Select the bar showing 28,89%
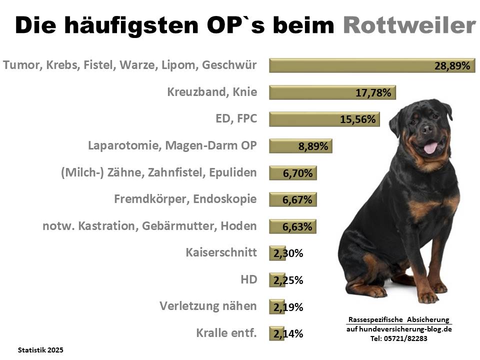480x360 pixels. coord(371,65)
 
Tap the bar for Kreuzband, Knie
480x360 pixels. coord(332,92)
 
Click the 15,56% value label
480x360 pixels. coord(357,119)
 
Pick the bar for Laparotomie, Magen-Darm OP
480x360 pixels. coord(300,146)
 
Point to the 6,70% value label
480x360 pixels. coord(297,173)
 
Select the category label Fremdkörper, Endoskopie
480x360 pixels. coord(185,199)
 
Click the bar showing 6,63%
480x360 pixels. coord(292,226)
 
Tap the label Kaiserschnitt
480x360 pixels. coord(221,252)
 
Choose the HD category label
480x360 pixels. coord(249,279)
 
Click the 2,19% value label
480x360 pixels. coord(288,307)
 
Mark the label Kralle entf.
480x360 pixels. coord(227,333)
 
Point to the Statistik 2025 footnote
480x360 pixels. coord(40,350)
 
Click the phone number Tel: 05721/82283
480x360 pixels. coord(399,338)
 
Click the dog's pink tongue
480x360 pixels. coord(430,147)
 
